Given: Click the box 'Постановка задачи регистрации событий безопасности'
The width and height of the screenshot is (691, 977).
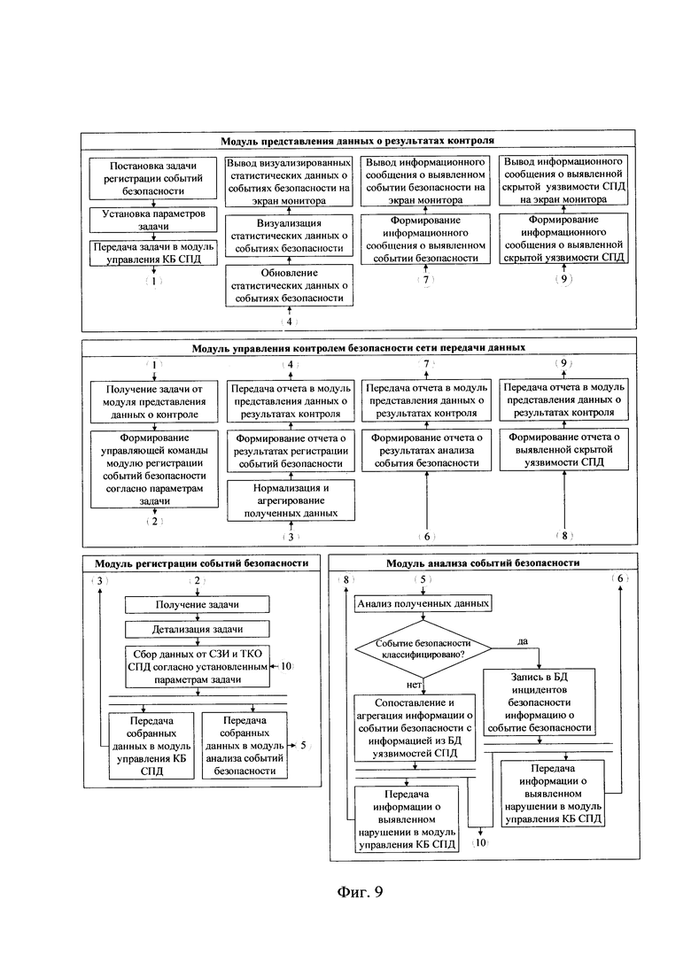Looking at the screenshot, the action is pos(153,178).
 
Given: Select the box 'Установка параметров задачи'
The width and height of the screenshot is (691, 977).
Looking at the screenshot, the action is pos(153,220).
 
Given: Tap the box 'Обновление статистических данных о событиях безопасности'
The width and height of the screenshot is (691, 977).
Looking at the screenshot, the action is pos(289,285).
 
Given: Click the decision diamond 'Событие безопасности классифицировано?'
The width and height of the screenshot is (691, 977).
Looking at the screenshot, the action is pos(423,648).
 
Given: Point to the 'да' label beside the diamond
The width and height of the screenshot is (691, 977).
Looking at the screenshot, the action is pos(523,641).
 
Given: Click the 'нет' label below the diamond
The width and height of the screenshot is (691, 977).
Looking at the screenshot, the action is pos(415,685).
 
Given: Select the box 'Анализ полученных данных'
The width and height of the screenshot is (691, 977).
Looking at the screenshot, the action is pos(423,603).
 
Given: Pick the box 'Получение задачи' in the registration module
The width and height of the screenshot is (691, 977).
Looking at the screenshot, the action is pos(198,604).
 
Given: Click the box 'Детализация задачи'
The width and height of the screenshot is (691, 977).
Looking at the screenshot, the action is pos(198,629).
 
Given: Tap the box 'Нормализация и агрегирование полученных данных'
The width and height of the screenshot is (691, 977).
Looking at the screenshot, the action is pos(291,500).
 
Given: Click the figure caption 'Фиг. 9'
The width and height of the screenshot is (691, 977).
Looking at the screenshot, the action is pos(360,892).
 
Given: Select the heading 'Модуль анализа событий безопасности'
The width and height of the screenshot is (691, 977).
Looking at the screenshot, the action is pos(483,562).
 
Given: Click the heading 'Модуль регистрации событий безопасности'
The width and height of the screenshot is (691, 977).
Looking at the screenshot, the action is pos(201,563).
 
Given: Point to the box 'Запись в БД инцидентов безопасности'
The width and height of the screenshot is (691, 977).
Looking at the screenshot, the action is pos(540,702).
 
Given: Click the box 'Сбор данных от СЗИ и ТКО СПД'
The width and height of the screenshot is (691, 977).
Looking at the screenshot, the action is pos(198,667).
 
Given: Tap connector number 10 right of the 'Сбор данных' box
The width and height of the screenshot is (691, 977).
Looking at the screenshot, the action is pos(286,666).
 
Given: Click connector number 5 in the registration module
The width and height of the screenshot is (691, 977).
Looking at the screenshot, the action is pos(303,745).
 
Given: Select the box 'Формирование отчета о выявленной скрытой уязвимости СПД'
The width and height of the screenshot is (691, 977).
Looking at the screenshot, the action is pos(564,449).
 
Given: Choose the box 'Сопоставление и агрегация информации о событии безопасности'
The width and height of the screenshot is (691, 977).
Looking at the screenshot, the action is pos(415,728).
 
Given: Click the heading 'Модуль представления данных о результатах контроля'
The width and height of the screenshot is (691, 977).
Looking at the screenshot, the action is pos(357,141).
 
